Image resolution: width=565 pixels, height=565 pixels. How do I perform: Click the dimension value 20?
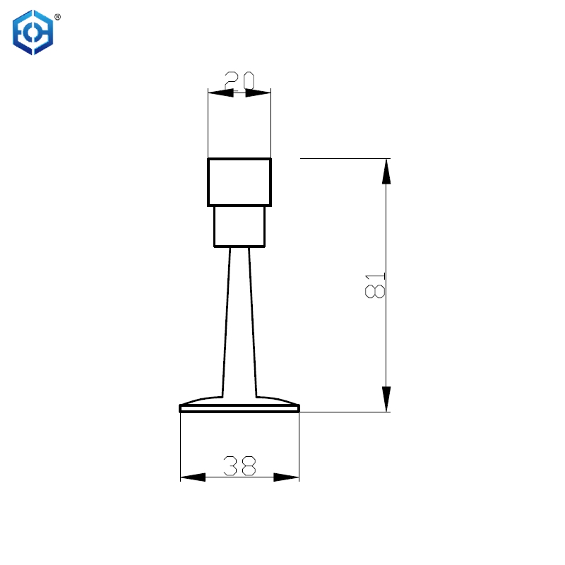pyautogui.click(x=239, y=80)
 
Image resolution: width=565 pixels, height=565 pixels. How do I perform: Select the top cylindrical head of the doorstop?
pyautogui.click(x=239, y=182)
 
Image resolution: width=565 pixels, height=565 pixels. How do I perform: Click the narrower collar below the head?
pyautogui.click(x=239, y=226)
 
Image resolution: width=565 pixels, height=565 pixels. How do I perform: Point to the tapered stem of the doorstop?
pyautogui.click(x=239, y=318)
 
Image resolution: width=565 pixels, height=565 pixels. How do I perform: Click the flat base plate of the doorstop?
pyautogui.click(x=239, y=408)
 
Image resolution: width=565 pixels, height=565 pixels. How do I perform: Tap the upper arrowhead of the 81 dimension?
pyautogui.click(x=386, y=171)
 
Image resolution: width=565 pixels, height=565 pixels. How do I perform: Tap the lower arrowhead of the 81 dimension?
pyautogui.click(x=386, y=399)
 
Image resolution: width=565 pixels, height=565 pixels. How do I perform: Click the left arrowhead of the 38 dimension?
pyautogui.click(x=192, y=477)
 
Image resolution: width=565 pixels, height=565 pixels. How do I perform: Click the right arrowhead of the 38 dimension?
pyautogui.click(x=287, y=477)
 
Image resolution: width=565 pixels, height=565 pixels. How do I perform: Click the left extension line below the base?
pyautogui.click(x=181, y=445)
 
